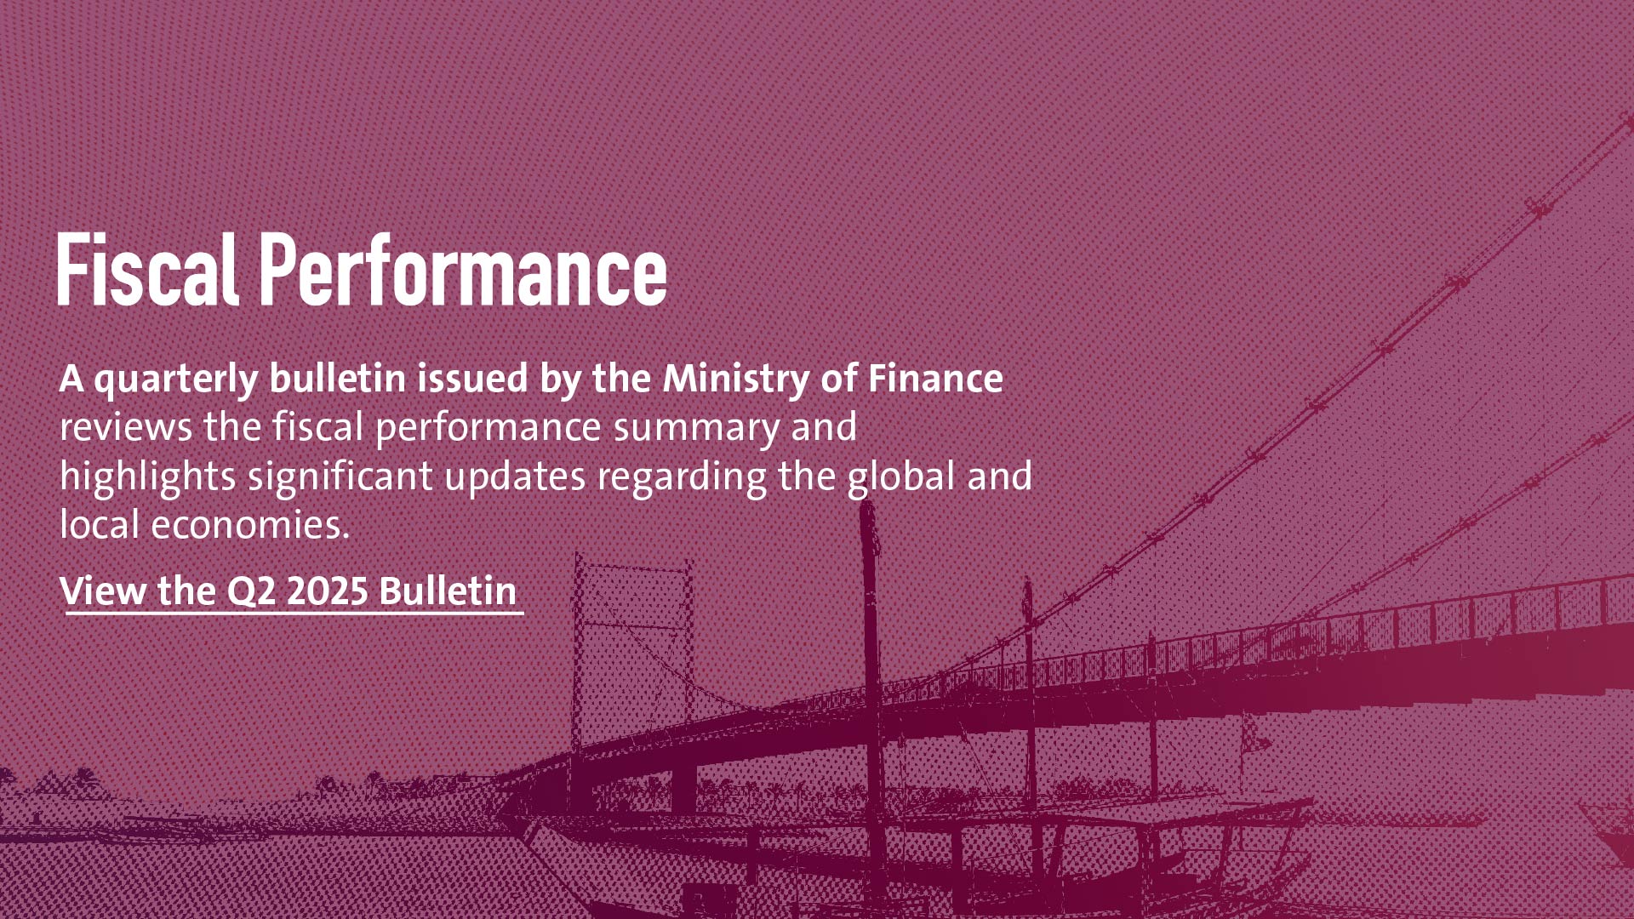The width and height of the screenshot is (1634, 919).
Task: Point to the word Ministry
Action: pyautogui.click(x=735, y=379)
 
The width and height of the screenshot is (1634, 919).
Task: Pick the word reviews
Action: pyautogui.click(x=126, y=427)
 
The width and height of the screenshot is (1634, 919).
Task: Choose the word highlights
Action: pyautogui.click(x=147, y=477)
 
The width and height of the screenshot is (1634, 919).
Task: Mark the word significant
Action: pyautogui.click(x=340, y=477)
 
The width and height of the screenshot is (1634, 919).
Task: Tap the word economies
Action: pyautogui.click(x=250, y=525)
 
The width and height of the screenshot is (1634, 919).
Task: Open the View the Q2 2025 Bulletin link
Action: pyautogui.click(x=289, y=591)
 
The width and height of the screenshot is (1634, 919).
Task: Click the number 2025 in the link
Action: pyautogui.click(x=328, y=591)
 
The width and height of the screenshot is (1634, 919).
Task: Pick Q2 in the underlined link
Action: pyautogui.click(x=251, y=591)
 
